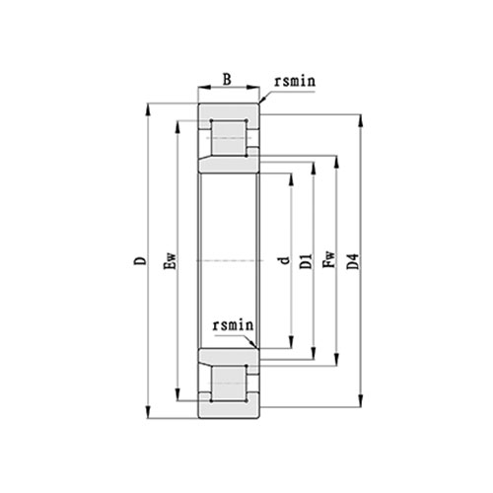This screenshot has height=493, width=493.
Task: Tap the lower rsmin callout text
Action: coord(235,324)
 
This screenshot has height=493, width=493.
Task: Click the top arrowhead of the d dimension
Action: coord(292,176)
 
